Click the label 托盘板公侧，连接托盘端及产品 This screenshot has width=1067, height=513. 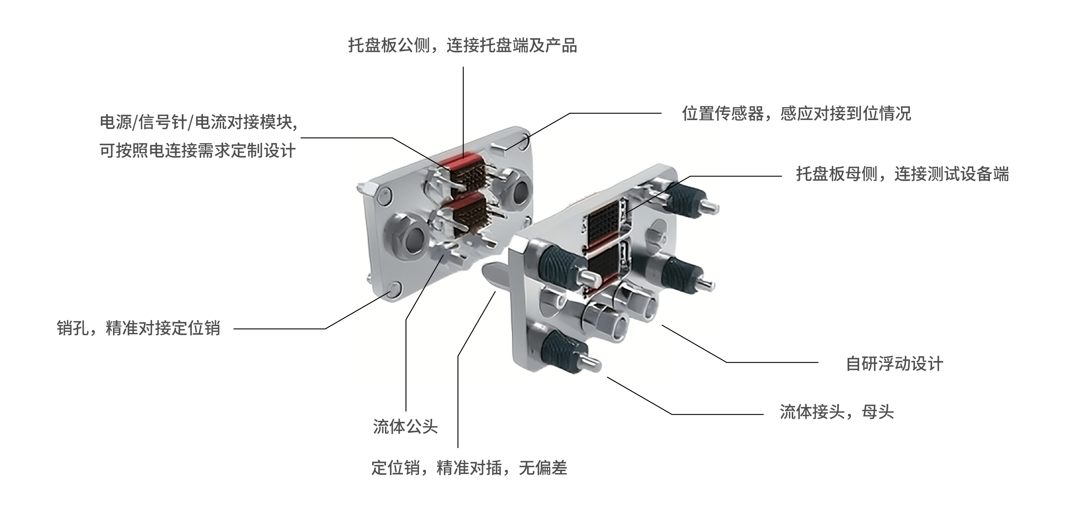[x=462, y=46]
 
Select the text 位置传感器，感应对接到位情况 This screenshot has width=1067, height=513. [x=796, y=113]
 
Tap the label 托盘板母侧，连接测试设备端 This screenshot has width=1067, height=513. [x=902, y=174]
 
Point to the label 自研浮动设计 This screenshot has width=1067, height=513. [x=894, y=364]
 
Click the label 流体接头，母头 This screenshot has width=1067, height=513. [x=837, y=412]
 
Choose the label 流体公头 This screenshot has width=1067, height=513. [x=405, y=426]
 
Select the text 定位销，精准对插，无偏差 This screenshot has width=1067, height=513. [x=469, y=468]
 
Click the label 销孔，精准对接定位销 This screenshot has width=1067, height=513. [x=138, y=328]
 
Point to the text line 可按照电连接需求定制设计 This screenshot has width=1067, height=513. [x=197, y=150]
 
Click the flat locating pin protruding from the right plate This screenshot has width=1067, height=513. [x=495, y=274]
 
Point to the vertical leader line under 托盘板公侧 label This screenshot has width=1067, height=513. [x=463, y=112]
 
